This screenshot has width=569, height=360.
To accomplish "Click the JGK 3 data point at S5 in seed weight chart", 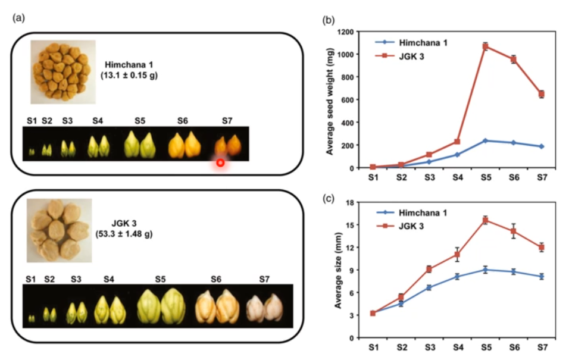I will tap(486, 46).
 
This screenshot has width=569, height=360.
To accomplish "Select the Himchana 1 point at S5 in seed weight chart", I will tap(486, 140).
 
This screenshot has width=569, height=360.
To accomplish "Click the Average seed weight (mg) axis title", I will tap(329, 99).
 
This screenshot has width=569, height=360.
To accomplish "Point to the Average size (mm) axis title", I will tap(337, 270).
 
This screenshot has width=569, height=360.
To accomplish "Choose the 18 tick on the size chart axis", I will tap(350, 202).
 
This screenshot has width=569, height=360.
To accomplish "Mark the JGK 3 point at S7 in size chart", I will tap(542, 248).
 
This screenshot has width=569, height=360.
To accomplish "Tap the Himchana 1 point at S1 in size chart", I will tap(373, 313).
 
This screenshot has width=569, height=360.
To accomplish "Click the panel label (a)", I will tap(18, 18).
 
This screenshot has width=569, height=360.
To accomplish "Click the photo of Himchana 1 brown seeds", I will tap(63, 72).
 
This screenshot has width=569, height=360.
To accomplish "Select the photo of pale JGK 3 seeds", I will tap(59, 230).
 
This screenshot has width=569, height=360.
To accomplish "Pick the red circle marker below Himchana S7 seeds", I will tap(220, 162).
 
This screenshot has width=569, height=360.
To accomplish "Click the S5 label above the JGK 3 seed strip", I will tap(160, 278).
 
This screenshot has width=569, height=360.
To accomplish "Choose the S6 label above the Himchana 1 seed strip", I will tap(183, 121).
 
